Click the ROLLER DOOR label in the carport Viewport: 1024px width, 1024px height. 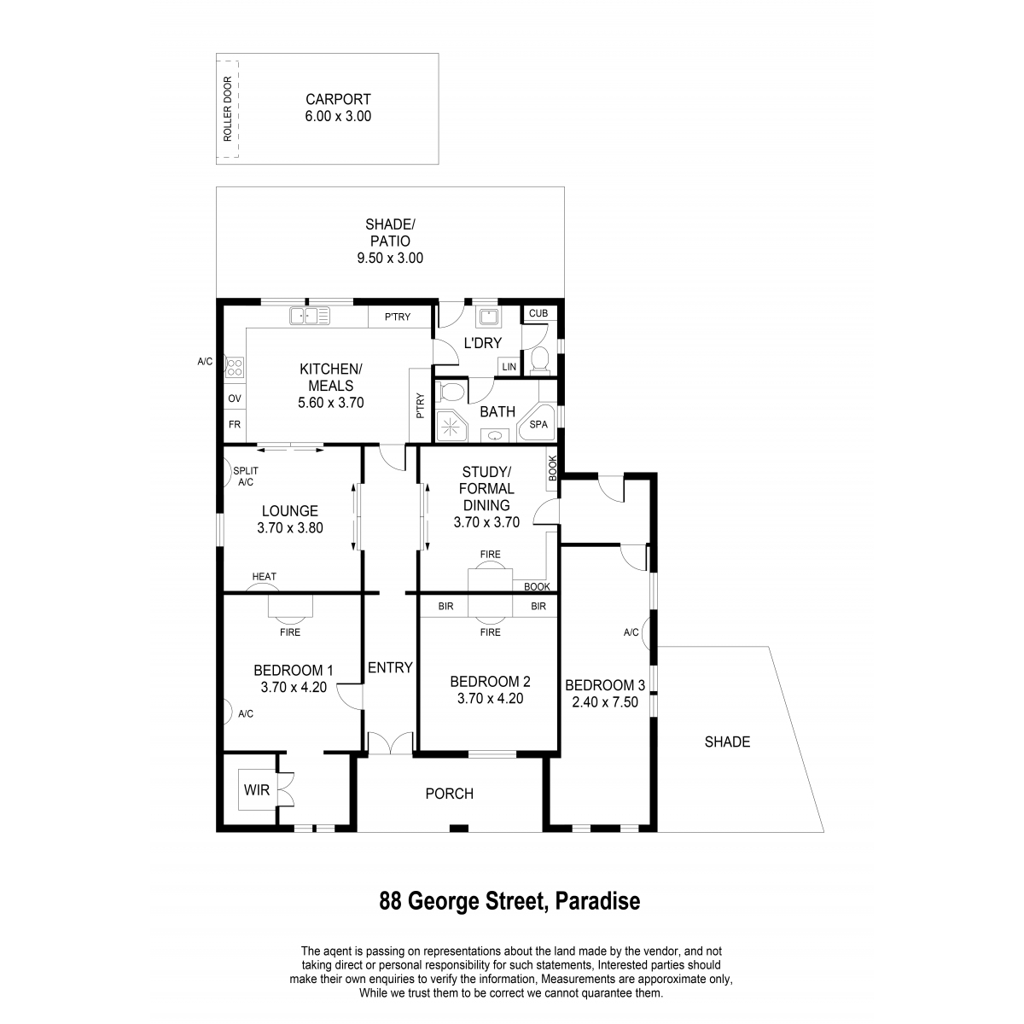(228, 109)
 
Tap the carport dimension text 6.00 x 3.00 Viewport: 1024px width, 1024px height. (338, 116)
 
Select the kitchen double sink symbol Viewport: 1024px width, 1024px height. (309, 316)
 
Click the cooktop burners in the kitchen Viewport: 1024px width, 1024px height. (235, 367)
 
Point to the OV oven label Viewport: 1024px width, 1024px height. (235, 399)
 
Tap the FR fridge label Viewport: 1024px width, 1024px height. (235, 425)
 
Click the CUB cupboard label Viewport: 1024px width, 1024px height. (538, 313)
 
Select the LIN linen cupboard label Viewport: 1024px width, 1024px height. (509, 367)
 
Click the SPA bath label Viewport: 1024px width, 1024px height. (538, 425)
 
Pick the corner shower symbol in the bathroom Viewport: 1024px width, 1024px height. (451, 426)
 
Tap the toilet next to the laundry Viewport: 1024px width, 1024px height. (540, 359)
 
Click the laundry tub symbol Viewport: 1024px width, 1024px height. (488, 317)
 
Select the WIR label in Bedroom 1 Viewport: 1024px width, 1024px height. (257, 790)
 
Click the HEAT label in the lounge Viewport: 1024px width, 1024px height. (264, 577)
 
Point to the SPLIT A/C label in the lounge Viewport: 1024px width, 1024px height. (246, 477)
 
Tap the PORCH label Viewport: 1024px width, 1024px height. (450, 794)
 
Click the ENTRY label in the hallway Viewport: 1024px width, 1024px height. (390, 667)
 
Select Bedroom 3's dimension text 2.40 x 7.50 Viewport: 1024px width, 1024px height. (605, 702)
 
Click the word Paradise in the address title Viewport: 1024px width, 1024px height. (598, 901)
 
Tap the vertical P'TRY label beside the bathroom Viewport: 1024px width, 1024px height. (421, 405)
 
